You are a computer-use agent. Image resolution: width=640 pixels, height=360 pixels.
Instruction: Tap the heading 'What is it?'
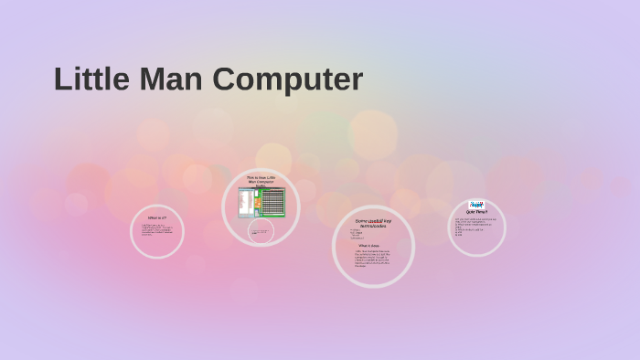157,217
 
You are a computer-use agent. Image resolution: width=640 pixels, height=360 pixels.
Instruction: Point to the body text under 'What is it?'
156,229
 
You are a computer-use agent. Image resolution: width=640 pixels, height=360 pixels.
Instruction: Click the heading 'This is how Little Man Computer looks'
261,181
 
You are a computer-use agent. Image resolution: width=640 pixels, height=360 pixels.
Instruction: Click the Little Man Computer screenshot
261,202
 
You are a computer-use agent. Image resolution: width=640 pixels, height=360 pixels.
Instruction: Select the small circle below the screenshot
261,232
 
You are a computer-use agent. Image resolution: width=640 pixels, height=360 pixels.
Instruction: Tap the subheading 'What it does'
368,246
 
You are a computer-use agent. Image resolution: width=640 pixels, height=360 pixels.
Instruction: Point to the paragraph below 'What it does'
370,259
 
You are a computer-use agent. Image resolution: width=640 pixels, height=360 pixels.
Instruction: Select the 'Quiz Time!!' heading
476,212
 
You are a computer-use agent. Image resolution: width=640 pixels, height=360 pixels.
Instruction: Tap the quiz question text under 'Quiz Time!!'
475,226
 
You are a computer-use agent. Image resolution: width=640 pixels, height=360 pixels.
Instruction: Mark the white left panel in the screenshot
244,202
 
